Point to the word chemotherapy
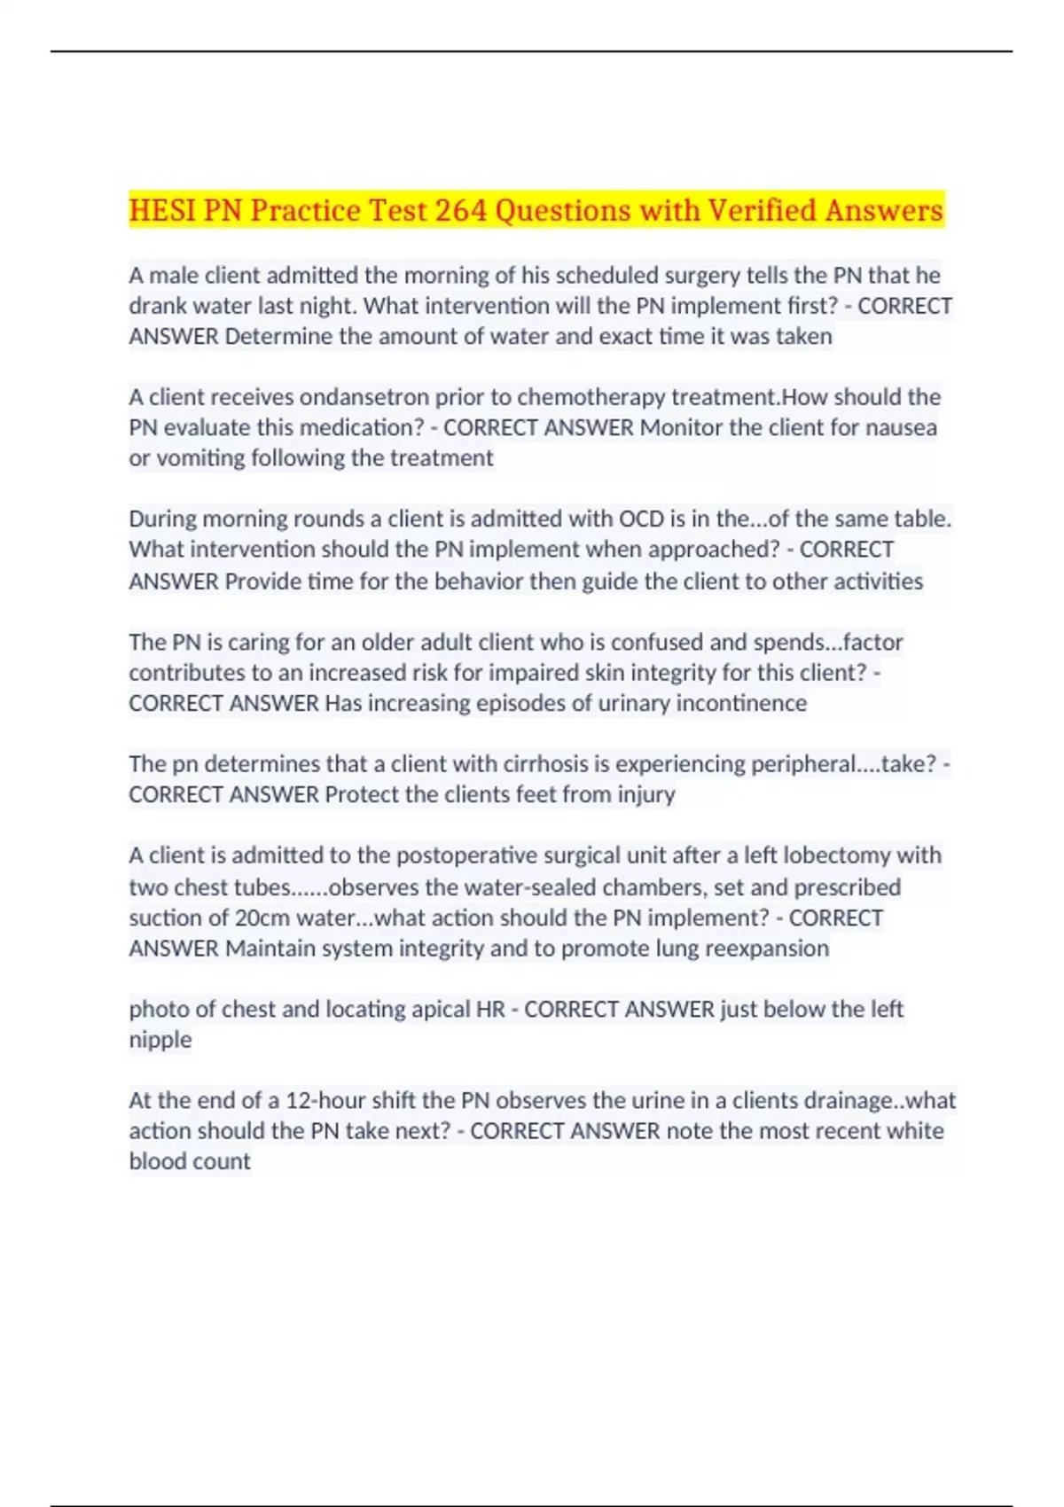[591, 396]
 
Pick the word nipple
[160, 1039]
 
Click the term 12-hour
[326, 1100]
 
